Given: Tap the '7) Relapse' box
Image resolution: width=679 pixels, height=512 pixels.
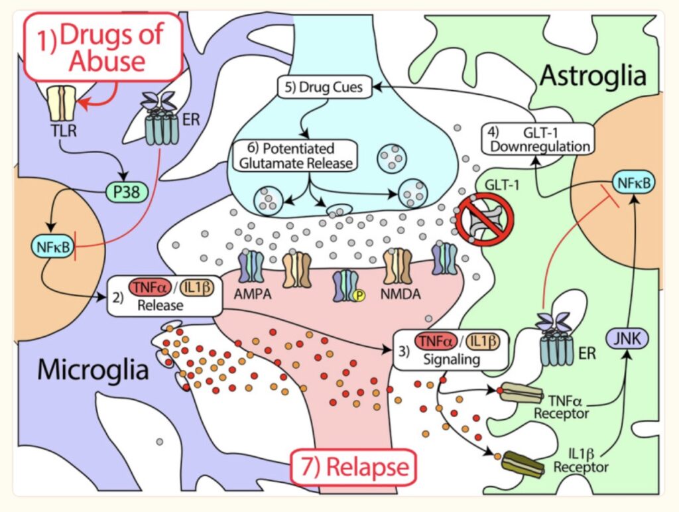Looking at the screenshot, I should [353, 467].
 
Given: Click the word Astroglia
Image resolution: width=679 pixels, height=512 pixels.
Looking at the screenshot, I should [592, 76].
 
